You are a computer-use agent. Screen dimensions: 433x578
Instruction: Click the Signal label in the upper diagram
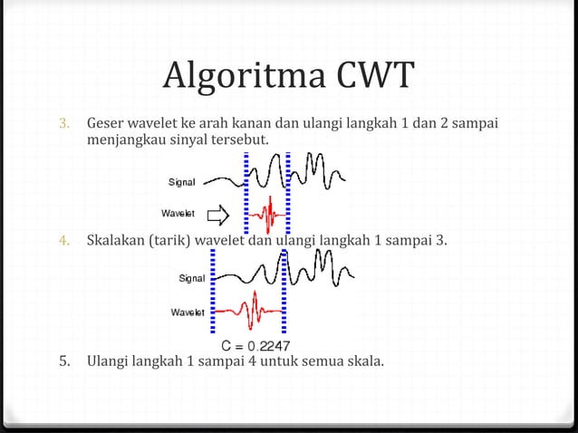tap(181, 183)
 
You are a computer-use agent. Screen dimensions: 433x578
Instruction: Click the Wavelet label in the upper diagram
tap(178, 215)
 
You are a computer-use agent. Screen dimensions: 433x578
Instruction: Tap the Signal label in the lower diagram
tap(190, 279)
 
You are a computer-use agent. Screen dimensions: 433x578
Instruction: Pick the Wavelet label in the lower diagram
tap(188, 313)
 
